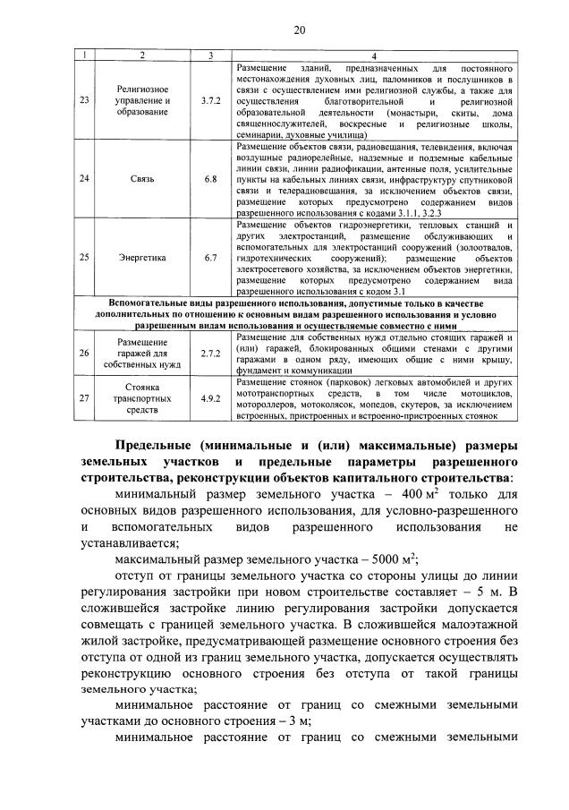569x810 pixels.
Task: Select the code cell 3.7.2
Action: point(211,100)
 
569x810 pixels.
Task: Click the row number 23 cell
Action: point(84,100)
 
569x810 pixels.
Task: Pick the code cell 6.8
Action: point(211,179)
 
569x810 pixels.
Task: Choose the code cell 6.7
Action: point(211,258)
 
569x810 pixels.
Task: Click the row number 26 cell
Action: point(84,354)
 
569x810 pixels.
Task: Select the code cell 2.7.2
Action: point(211,354)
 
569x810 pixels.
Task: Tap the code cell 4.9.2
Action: point(211,398)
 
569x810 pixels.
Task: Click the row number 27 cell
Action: point(84,398)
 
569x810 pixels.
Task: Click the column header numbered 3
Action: point(211,56)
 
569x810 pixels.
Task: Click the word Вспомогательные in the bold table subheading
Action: point(153,303)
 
